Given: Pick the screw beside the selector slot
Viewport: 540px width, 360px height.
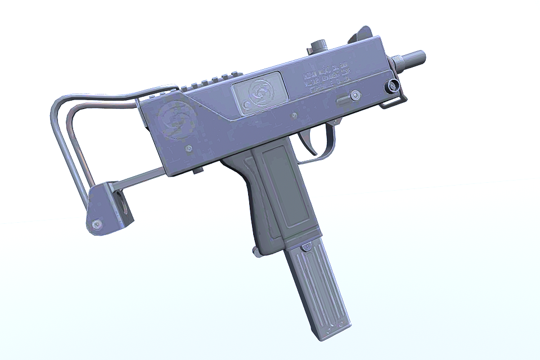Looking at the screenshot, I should (x=355, y=96).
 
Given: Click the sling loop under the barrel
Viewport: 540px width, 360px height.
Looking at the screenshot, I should (x=394, y=101).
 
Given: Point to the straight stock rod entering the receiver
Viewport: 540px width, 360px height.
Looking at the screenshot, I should (x=141, y=179).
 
